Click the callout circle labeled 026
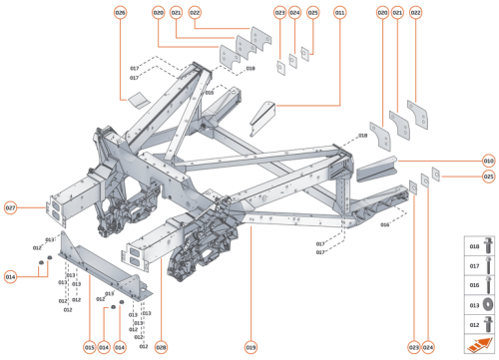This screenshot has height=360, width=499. [x=121, y=12]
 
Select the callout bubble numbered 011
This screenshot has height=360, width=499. [x=339, y=12]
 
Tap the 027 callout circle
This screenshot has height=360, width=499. [x=11, y=208]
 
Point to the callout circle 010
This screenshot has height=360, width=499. [x=488, y=160]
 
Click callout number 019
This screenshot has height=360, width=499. [x=250, y=347]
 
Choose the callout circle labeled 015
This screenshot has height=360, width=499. [x=89, y=347]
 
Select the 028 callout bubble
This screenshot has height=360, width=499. [x=161, y=347]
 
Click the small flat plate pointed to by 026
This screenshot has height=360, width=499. [x=137, y=100]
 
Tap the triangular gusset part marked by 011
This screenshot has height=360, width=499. [x=261, y=117]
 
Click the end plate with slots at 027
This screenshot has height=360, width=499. [x=56, y=211]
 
